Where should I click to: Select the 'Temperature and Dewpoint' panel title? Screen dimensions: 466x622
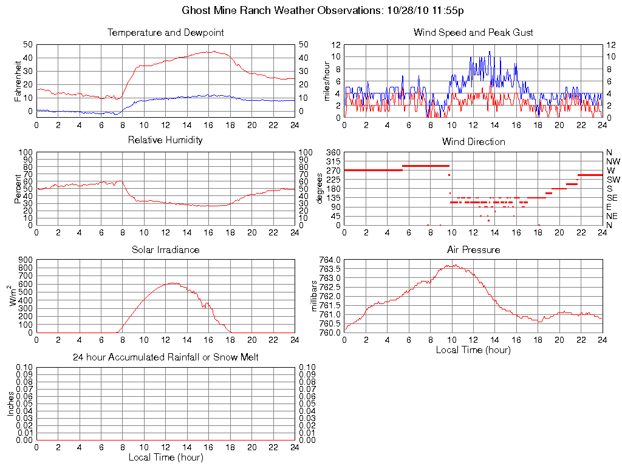[165, 33]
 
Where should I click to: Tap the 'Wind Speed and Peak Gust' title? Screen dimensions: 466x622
[473, 33]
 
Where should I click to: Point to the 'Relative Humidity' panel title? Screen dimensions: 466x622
[165, 140]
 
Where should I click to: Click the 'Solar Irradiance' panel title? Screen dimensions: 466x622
[165, 249]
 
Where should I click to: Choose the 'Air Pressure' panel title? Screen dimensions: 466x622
[473, 249]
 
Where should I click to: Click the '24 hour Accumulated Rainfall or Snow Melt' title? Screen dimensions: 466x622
[165, 357]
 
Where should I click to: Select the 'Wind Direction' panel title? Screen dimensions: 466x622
[473, 141]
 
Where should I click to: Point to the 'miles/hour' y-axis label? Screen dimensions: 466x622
[327, 81]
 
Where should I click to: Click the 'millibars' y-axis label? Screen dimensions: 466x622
[314, 295]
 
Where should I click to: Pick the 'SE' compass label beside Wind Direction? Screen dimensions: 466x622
[612, 198]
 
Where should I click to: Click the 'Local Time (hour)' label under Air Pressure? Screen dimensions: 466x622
[473, 349]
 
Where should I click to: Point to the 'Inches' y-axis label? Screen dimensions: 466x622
[10, 404]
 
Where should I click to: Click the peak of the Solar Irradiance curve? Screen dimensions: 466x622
[173, 283]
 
